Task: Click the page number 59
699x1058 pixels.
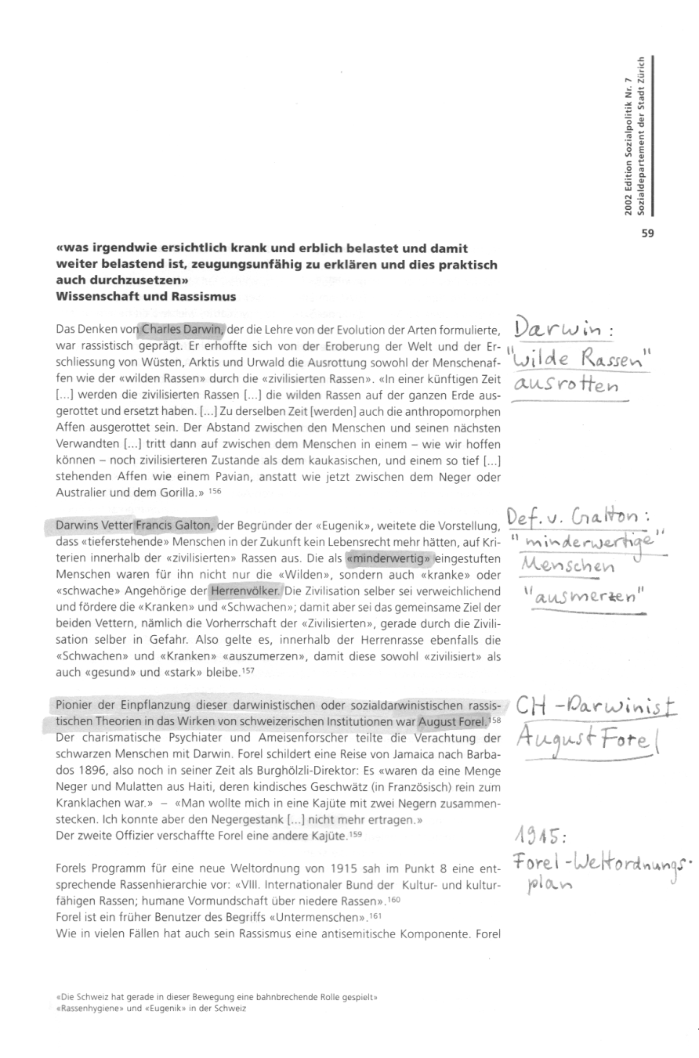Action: pyautogui.click(x=647, y=232)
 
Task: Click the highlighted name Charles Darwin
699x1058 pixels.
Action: pyautogui.click(x=183, y=329)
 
